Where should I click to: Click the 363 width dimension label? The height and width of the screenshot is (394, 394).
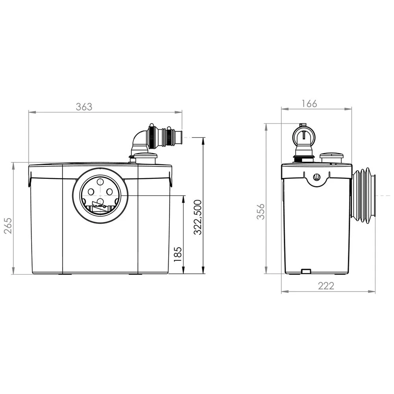pos(84,107)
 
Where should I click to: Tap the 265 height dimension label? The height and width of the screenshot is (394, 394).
pos(8,225)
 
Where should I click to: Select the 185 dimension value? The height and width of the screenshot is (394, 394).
pos(178,254)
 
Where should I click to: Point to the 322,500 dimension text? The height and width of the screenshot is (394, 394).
pos(198,217)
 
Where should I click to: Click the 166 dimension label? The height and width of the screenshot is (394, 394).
pos(309,104)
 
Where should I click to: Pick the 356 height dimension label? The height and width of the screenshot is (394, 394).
pos(261,212)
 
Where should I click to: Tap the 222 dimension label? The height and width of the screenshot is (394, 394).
pos(326,286)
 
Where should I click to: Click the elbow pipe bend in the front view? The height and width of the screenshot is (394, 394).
pos(138,141)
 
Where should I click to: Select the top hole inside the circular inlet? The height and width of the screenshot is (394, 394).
pos(100,182)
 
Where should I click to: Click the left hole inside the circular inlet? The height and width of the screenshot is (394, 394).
pos(91,192)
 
